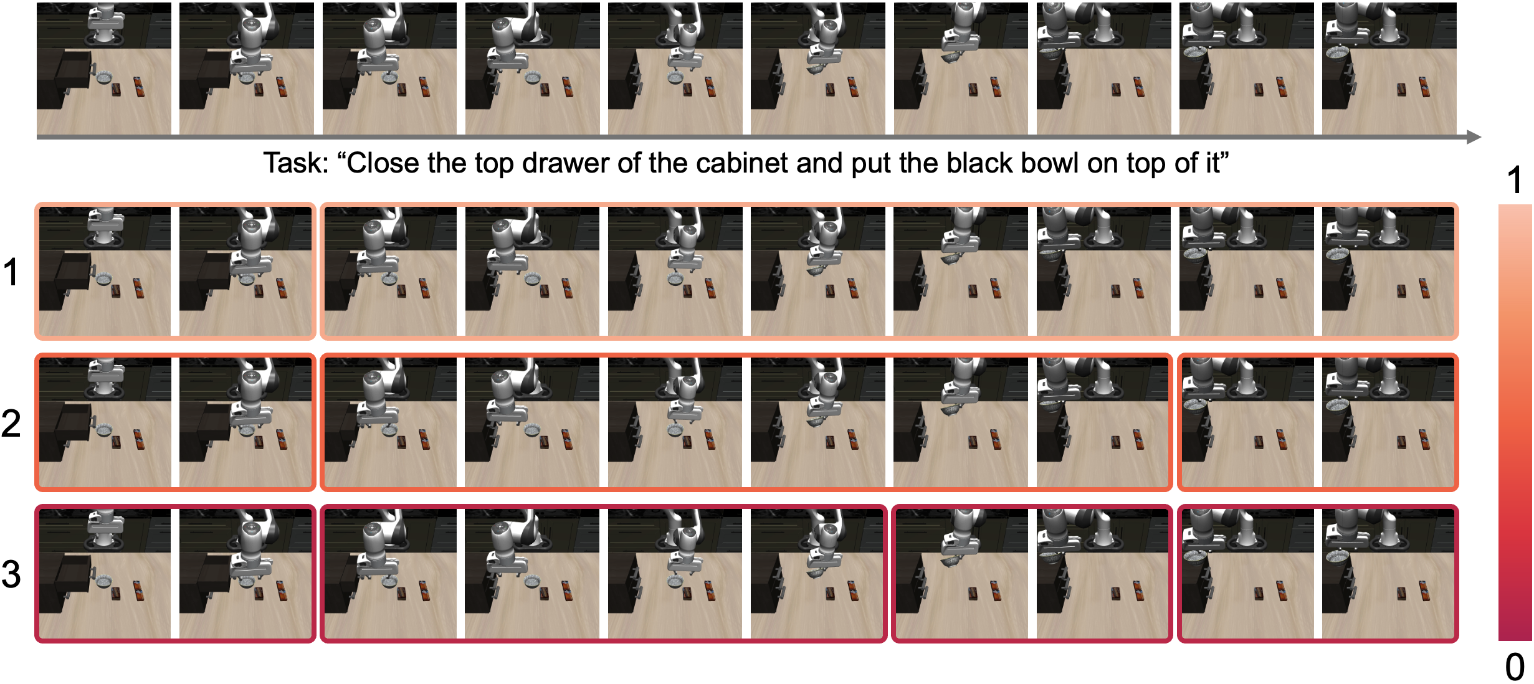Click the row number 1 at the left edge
[x=11, y=272]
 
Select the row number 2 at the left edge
[x=11, y=423]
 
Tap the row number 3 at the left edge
[x=11, y=574]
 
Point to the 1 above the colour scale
[x=1515, y=181]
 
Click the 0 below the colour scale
[x=1515, y=667]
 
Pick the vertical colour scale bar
[x=1515, y=422]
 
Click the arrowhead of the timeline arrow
[x=1474, y=137]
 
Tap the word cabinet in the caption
[x=741, y=163]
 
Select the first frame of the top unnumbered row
[x=104, y=69]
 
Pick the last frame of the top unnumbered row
[x=1389, y=69]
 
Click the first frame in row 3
[x=105, y=574]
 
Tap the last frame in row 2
[x=1388, y=422]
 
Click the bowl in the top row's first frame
[x=104, y=78]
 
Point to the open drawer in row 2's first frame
[x=74, y=421]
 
